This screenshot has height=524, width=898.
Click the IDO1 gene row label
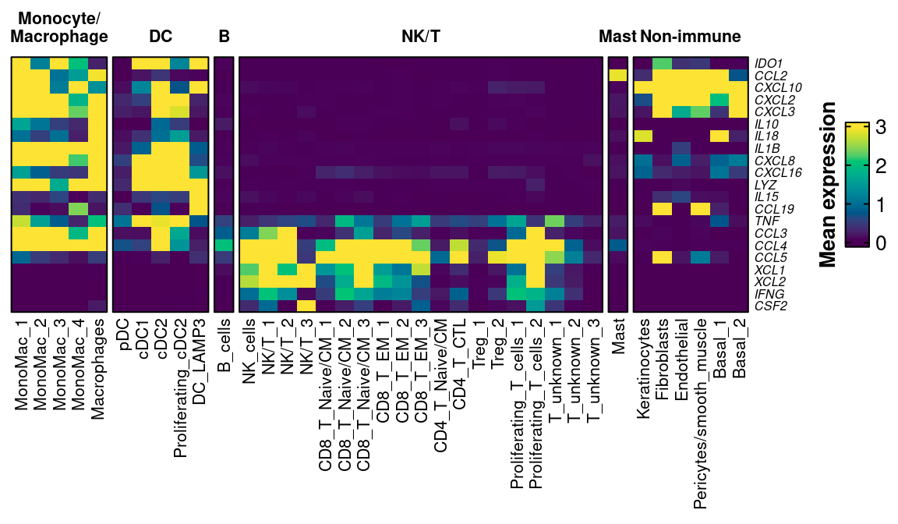click(x=768, y=63)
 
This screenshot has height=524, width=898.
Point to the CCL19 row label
click(x=772, y=209)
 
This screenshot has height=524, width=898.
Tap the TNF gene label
click(x=765, y=221)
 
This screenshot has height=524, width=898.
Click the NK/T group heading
click(x=421, y=37)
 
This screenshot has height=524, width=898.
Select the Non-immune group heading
click(x=690, y=37)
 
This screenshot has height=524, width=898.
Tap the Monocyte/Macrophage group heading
click(x=59, y=27)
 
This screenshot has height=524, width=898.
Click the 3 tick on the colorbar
click(x=882, y=129)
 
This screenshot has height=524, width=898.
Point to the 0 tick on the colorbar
click(x=882, y=243)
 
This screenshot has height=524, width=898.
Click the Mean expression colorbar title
click(x=829, y=185)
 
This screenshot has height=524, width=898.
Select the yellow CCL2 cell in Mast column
click(x=618, y=76)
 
